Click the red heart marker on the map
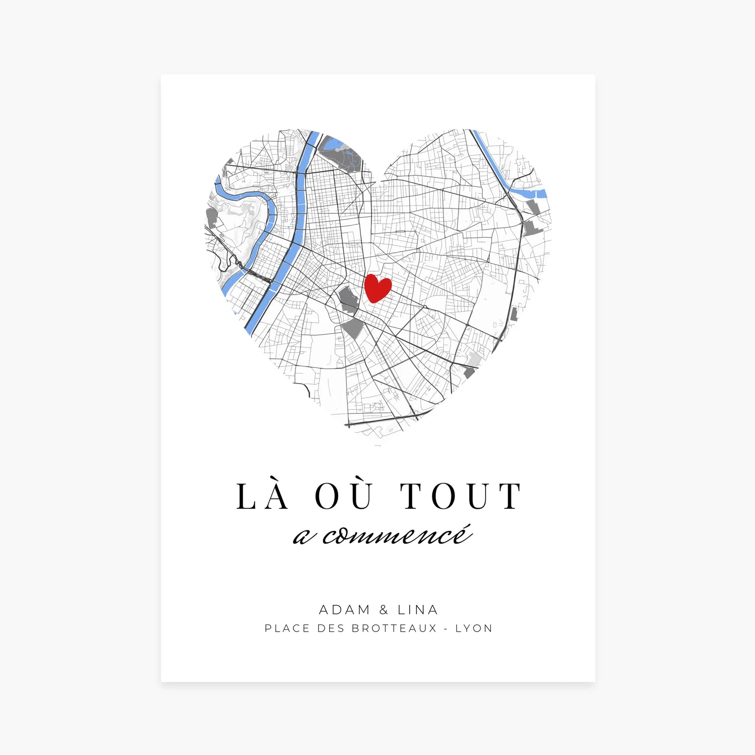(x=377, y=287)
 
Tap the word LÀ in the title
(x=263, y=496)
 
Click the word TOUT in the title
(x=461, y=496)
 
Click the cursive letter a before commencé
(x=302, y=538)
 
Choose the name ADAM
(x=345, y=610)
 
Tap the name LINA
(x=418, y=610)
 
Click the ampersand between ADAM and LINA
(x=384, y=610)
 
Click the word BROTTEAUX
(x=394, y=629)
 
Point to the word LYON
(x=474, y=629)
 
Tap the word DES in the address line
(x=331, y=629)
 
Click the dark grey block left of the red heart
(x=348, y=299)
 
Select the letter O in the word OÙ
(x=327, y=497)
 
